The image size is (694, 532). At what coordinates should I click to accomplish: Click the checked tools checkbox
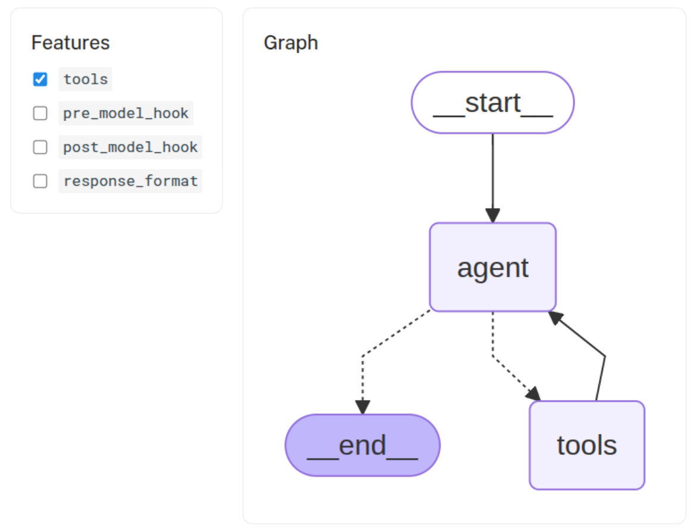click(x=40, y=79)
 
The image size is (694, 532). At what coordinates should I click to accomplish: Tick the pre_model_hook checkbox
click(x=40, y=113)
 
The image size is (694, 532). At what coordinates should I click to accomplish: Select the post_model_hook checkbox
click(x=40, y=147)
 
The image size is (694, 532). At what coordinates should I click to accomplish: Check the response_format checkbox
click(x=40, y=181)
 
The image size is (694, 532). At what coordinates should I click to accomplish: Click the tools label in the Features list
click(x=86, y=79)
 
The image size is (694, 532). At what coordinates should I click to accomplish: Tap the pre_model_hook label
click(x=125, y=113)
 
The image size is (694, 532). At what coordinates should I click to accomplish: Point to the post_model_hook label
click(x=130, y=147)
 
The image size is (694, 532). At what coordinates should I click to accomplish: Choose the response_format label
click(x=130, y=181)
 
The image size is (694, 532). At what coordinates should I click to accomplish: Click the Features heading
click(x=70, y=43)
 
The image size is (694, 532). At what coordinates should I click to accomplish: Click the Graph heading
click(x=291, y=43)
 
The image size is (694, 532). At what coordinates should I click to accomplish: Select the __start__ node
click(x=492, y=103)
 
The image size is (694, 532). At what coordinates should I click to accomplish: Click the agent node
click(x=492, y=267)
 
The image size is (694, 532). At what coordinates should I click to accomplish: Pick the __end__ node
click(x=363, y=445)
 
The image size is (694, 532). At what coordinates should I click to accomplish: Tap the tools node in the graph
click(x=587, y=445)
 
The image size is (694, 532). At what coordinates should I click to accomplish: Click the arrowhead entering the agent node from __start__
click(x=492, y=215)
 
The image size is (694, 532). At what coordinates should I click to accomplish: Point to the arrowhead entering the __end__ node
click(x=363, y=407)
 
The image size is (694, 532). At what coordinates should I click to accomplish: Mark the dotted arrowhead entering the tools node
click(x=534, y=394)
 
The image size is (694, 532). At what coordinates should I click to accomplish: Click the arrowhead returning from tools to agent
click(x=555, y=317)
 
